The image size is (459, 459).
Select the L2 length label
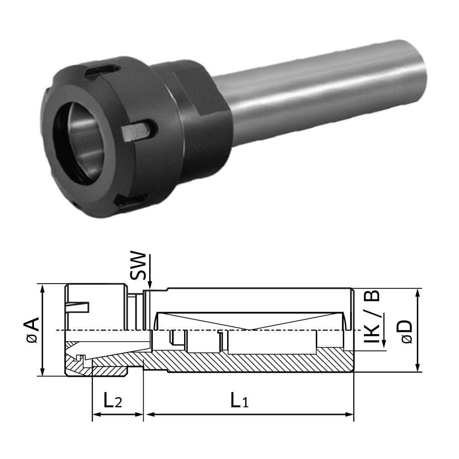pyautogui.click(x=112, y=401)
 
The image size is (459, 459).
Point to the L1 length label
pyautogui.click(x=239, y=401)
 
